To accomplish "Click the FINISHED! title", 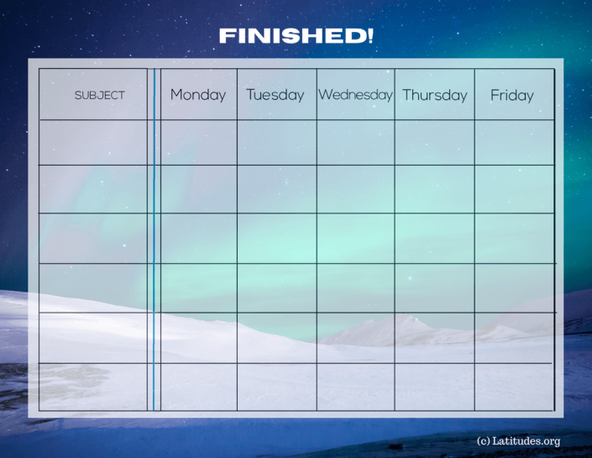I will [296, 36].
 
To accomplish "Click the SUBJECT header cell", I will [99, 95].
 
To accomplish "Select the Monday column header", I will [198, 95].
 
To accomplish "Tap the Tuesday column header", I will [275, 95].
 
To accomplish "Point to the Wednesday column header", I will [355, 95].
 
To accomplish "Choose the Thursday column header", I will [434, 95].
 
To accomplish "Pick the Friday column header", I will [512, 95].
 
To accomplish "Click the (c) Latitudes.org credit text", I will [518, 440].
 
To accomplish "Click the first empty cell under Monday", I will [198, 142].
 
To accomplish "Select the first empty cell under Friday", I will [514, 142].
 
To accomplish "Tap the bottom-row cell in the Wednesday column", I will [355, 387].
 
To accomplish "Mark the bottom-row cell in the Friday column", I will [514, 387].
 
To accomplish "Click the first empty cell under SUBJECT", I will [93, 142].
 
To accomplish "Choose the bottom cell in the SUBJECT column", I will [93, 387].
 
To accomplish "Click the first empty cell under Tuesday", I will [276, 142].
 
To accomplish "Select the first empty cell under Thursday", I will [434, 142].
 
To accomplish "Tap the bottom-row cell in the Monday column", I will [198, 387].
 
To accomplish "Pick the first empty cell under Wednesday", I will [355, 142].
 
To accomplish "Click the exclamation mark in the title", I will [370, 36].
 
